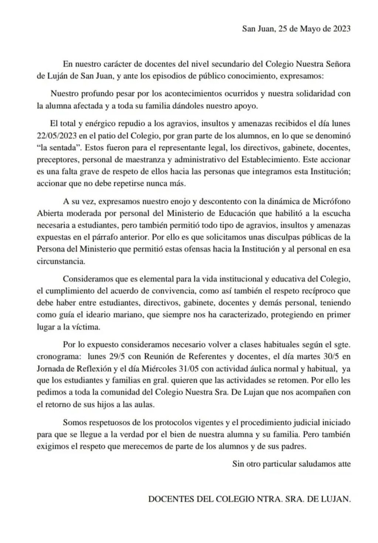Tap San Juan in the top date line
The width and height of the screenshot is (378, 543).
258,29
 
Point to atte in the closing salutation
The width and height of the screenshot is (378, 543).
343,464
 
